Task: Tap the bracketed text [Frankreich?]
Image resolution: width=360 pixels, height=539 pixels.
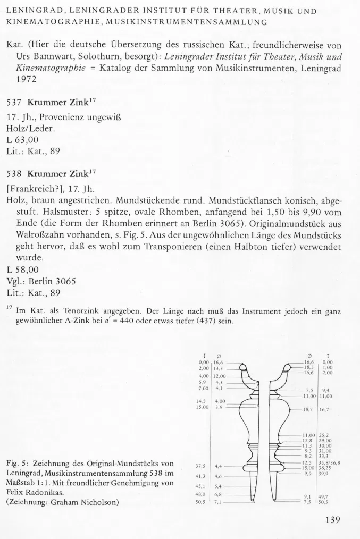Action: (x=33, y=187)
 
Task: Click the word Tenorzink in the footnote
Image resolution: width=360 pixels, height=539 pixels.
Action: (x=89, y=311)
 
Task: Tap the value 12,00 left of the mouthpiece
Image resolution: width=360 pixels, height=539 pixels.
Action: (x=220, y=376)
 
